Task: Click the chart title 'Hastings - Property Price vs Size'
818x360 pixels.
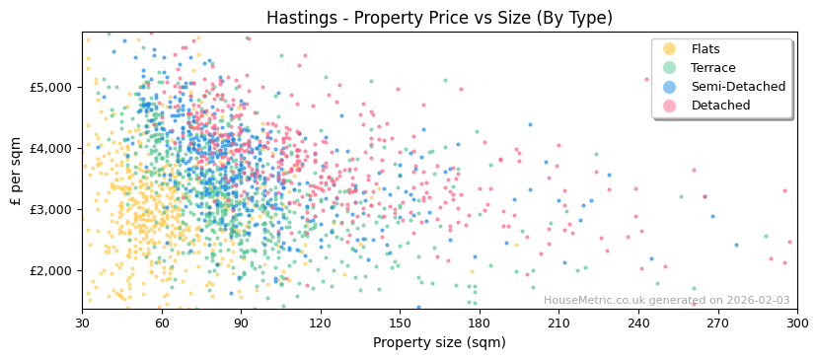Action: (439, 18)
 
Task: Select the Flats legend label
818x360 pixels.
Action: (706, 49)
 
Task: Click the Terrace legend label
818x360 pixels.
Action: (711, 68)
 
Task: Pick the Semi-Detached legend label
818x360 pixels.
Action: (738, 87)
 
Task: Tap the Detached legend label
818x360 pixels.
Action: (720, 106)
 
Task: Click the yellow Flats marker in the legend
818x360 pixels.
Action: (670, 49)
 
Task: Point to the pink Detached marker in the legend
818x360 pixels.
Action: (670, 106)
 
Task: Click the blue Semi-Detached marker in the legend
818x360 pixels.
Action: (670, 87)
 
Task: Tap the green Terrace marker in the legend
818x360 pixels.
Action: (670, 68)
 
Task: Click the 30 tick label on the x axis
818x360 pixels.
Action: (82, 323)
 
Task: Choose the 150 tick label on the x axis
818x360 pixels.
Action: (400, 323)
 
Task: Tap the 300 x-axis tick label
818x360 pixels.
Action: (796, 323)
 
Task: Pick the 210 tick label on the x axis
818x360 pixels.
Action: (558, 323)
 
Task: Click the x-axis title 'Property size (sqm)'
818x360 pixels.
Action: (439, 342)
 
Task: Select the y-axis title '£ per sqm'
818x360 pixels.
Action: (17, 171)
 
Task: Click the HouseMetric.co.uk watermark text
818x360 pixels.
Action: (666, 301)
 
